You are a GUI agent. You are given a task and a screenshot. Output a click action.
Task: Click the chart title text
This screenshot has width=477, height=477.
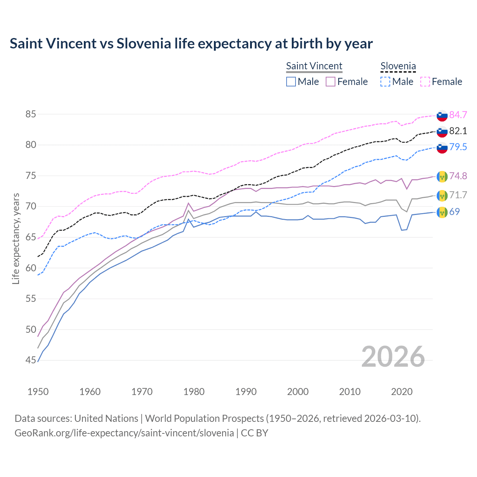point(191,44)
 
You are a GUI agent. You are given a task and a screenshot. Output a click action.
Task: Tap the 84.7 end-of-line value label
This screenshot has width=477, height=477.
point(458,115)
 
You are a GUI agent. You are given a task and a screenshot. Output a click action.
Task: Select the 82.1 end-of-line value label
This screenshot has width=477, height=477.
point(458,131)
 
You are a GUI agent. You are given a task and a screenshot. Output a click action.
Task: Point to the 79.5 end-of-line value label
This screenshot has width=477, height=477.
point(458,147)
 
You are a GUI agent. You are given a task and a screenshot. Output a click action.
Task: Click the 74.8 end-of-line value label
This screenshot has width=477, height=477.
point(458,176)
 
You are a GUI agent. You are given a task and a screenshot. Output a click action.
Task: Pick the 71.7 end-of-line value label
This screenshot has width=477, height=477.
point(458,195)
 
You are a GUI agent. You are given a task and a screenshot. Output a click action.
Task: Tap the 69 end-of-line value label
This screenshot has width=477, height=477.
point(454,212)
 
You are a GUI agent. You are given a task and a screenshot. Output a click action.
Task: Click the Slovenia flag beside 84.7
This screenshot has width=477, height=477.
point(442,116)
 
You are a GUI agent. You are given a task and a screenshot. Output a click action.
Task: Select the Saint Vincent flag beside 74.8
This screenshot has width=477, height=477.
point(442,176)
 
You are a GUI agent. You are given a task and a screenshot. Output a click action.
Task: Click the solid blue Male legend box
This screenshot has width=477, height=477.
point(291,82)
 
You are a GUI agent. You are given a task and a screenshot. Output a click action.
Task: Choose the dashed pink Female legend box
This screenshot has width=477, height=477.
point(425,82)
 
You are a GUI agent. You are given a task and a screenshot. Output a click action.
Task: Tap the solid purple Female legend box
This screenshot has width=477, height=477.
point(331,82)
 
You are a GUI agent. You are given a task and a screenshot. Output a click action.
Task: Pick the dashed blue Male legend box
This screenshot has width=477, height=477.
point(385,82)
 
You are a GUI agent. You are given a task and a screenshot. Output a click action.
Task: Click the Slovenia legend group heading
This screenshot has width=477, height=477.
point(398,66)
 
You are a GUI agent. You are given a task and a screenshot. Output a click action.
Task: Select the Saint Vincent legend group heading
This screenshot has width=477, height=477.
point(314,66)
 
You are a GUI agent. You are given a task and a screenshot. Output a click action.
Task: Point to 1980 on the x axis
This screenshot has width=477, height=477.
point(194,392)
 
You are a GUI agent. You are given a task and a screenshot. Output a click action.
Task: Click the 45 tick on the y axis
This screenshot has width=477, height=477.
point(31,360)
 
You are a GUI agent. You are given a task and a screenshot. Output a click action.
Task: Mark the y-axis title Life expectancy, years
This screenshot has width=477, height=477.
point(16,238)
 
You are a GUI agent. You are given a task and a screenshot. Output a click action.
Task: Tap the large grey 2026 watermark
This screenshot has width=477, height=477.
point(393,357)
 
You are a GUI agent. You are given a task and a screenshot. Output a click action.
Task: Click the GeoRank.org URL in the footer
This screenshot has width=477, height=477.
point(124,433)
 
